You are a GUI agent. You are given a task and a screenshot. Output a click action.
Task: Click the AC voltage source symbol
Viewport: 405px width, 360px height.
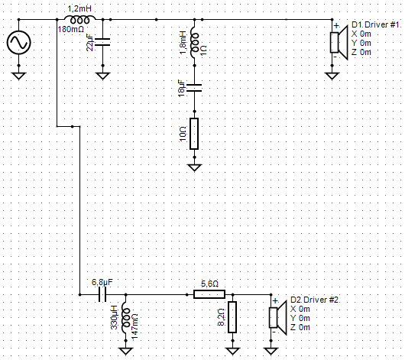pyautogui.click(x=19, y=42)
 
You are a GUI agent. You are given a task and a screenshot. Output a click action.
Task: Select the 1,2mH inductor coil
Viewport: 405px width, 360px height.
pyautogui.click(x=79, y=19)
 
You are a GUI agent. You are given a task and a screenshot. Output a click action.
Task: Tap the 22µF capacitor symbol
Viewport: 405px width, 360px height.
pyautogui.click(x=103, y=42)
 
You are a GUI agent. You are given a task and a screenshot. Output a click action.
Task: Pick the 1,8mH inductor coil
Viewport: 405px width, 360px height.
pyautogui.click(x=194, y=45)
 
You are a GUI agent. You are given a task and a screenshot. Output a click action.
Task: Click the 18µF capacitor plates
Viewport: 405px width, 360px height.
pyautogui.click(x=195, y=88)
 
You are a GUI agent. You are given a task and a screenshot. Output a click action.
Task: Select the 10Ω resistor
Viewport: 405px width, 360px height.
pyautogui.click(x=194, y=134)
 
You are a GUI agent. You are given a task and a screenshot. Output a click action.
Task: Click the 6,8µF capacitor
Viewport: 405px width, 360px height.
pyautogui.click(x=102, y=294)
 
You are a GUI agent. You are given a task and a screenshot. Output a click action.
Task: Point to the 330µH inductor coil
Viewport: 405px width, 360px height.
pyautogui.click(x=126, y=318)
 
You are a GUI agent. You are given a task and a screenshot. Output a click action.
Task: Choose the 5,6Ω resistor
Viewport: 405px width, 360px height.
pyautogui.click(x=209, y=294)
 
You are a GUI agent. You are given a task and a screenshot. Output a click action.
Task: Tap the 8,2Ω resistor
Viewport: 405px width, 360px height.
pyautogui.click(x=232, y=317)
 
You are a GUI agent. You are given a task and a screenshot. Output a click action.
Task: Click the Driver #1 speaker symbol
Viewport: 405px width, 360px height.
pyautogui.click(x=339, y=42)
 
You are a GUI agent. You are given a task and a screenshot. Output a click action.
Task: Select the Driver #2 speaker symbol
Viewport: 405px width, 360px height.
pyautogui.click(x=278, y=318)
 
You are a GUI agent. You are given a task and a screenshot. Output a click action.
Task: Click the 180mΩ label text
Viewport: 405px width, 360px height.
pyautogui.click(x=71, y=30)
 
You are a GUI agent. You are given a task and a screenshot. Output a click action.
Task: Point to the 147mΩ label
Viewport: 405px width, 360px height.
pyautogui.click(x=134, y=326)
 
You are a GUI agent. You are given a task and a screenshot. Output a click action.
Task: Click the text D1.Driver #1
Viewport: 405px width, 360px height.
pyautogui.click(x=377, y=24)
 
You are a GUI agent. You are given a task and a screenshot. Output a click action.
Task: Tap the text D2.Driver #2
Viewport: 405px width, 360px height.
pyautogui.click(x=316, y=300)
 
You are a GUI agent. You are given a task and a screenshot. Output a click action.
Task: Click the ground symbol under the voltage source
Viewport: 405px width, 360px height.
pyautogui.click(x=19, y=76)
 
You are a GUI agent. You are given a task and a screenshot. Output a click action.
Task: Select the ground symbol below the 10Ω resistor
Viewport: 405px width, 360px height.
pyautogui.click(x=195, y=167)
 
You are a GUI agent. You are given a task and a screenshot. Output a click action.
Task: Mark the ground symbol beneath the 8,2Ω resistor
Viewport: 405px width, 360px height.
pyautogui.click(x=232, y=351)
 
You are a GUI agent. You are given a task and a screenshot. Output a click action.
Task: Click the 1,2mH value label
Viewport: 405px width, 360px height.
pyautogui.click(x=79, y=8)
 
